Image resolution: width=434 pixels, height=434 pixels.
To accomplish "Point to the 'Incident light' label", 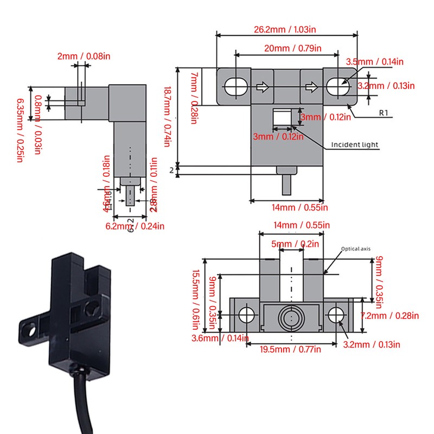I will click(355, 145).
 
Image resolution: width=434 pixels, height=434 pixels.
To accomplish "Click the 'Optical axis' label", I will click(355, 250).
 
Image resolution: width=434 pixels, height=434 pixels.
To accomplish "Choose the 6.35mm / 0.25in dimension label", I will click(21, 130).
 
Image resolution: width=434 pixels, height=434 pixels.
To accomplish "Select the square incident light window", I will click(281, 118).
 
